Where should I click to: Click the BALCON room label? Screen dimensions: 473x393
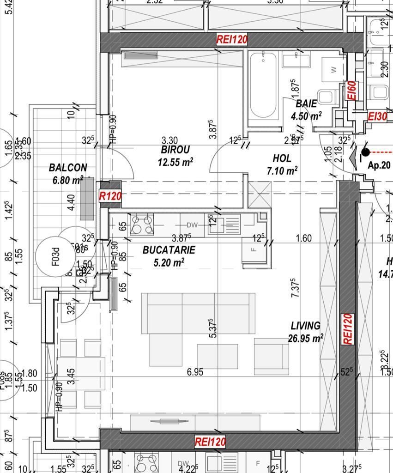68,167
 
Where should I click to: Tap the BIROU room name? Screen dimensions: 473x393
175,150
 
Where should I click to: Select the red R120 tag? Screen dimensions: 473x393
110,196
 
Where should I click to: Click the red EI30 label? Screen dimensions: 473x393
377,116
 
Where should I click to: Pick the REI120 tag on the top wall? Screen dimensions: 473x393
232,40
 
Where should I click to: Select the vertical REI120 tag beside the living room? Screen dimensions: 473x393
348,328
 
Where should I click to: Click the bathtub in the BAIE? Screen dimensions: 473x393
263,85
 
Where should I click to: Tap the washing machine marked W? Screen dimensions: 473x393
333,70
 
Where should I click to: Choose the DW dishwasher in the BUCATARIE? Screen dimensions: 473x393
192,225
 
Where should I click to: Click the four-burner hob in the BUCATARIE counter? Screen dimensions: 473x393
142,225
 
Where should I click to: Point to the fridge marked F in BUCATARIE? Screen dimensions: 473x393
253,250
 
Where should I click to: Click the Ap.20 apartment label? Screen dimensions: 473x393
379,165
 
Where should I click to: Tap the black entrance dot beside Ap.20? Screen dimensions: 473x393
365,152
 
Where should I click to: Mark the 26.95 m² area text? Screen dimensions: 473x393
305,339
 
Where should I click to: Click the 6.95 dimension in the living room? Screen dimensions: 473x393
195,372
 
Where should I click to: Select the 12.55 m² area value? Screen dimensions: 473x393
175,162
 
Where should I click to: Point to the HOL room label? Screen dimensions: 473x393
282,158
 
